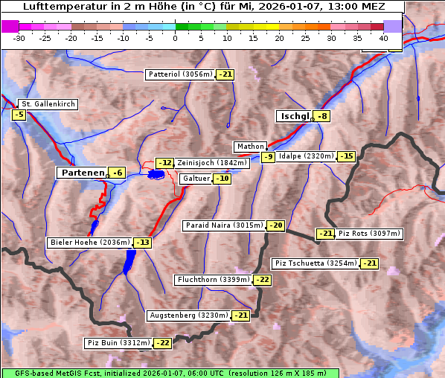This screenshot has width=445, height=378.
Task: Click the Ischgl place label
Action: (294, 116)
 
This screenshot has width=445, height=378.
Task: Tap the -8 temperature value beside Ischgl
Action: (321, 116)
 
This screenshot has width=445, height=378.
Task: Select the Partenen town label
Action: (83, 173)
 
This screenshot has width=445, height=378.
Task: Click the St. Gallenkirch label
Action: (48, 104)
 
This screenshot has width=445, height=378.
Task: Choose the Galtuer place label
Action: (196, 179)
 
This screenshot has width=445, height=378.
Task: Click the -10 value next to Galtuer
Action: (222, 179)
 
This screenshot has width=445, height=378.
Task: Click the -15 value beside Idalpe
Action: (346, 156)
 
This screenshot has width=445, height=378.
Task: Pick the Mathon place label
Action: (249, 147)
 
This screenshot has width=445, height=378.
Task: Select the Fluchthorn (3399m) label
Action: (214, 280)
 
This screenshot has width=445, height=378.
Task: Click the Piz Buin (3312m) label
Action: (118, 343)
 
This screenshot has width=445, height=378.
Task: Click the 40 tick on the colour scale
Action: (383, 37)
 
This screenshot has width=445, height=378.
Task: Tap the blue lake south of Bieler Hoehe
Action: (130, 260)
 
